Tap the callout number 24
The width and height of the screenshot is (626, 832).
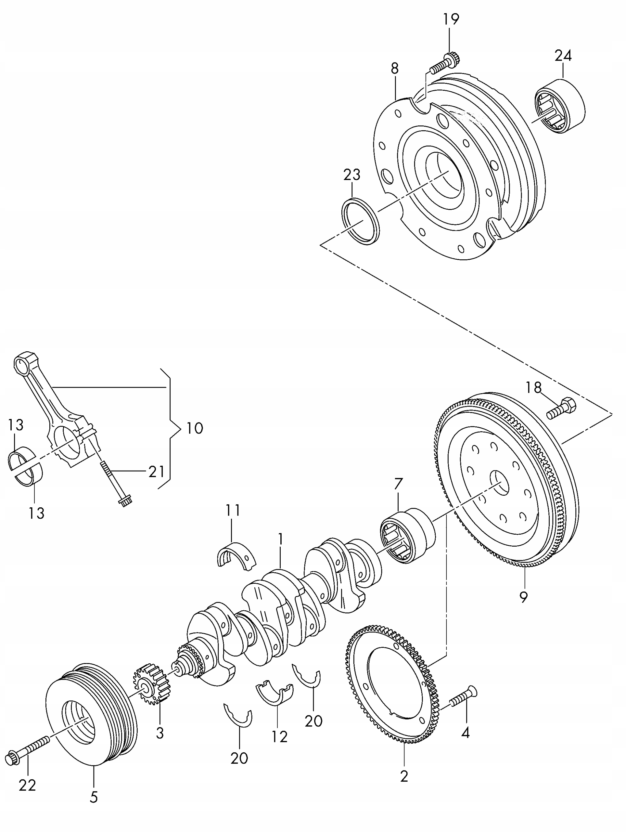pyautogui.click(x=563, y=56)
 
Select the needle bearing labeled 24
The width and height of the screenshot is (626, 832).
pyautogui.click(x=560, y=106)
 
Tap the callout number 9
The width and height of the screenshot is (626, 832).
pyautogui.click(x=524, y=597)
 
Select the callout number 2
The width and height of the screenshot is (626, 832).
pyautogui.click(x=404, y=776)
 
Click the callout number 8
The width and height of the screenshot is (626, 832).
pyautogui.click(x=394, y=69)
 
